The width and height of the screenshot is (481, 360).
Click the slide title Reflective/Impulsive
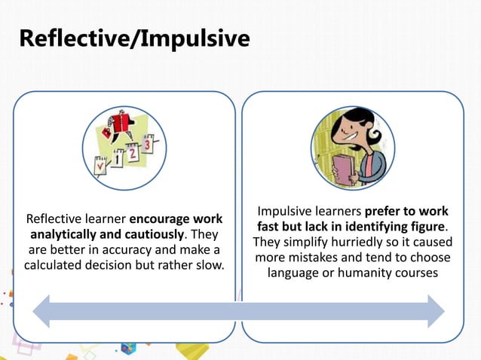pos(133,38)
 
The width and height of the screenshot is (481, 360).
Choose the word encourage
pos(159,219)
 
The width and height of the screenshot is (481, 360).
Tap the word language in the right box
pos(298,273)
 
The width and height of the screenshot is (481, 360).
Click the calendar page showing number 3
pos(148,143)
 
